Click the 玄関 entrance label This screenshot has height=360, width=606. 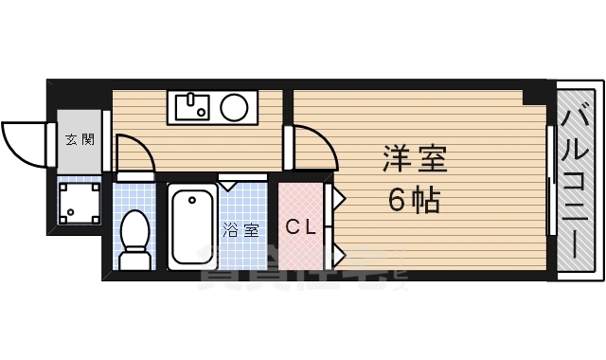coord(80,140)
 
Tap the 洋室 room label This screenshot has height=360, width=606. coord(414,157)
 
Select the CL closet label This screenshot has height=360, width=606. coord(300,226)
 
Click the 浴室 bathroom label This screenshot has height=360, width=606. coord(240,229)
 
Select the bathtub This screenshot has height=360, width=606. coord(193,227)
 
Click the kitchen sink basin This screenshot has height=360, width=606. coord(192,107)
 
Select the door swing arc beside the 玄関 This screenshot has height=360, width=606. coord(134,154)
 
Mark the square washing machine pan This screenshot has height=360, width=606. coord(80,201)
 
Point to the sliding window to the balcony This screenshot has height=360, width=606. coord(549,180)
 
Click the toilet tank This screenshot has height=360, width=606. coord(134,260)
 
